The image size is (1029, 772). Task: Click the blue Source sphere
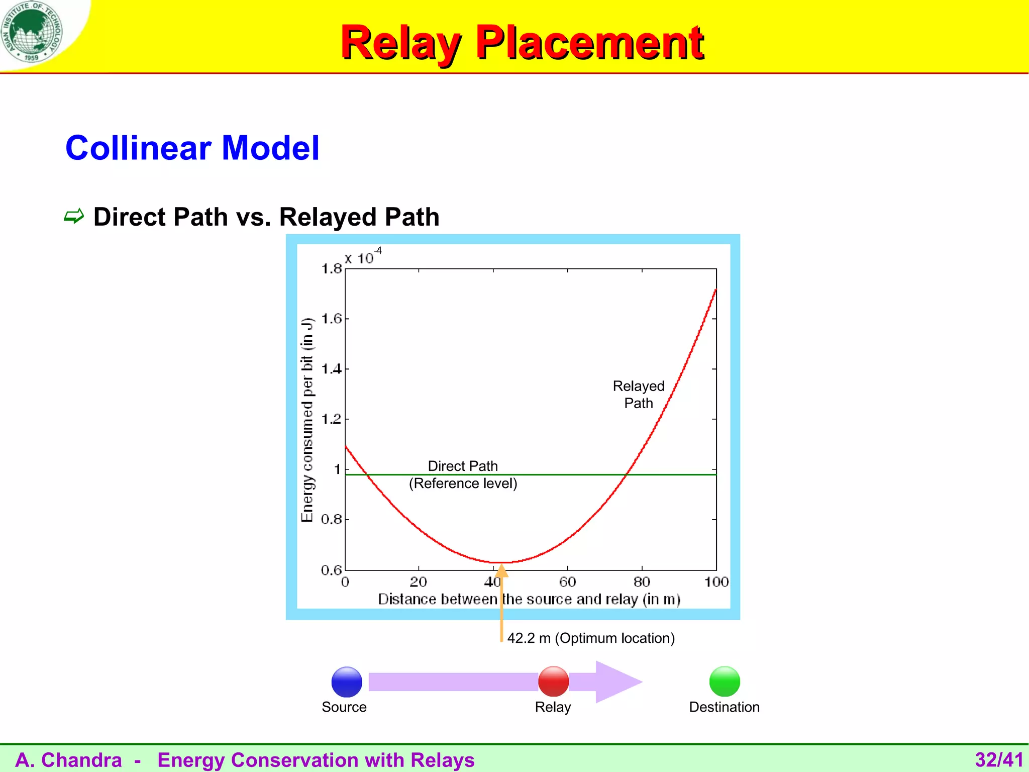tap(347, 682)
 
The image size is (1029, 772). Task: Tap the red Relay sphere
tap(553, 682)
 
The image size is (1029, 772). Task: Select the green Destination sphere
tap(725, 682)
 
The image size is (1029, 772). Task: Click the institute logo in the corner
tap(32, 32)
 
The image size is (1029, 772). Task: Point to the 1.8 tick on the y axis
tap(332, 269)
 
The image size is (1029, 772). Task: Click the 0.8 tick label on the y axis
tap(332, 519)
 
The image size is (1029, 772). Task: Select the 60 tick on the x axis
tap(567, 582)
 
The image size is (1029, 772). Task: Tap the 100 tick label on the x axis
tap(716, 582)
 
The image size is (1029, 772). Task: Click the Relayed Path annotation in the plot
tap(638, 395)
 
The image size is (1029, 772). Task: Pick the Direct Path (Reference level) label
tap(463, 474)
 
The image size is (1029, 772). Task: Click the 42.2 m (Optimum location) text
tap(591, 638)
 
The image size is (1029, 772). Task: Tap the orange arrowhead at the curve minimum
tap(501, 571)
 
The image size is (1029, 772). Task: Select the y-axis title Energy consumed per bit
tap(307, 420)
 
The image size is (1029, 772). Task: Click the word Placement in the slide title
tap(589, 43)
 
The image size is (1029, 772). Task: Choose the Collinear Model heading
tap(192, 148)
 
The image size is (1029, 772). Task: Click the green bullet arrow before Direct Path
tap(74, 217)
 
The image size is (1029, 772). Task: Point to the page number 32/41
tap(998, 759)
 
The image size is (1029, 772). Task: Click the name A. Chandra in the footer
tap(69, 760)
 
